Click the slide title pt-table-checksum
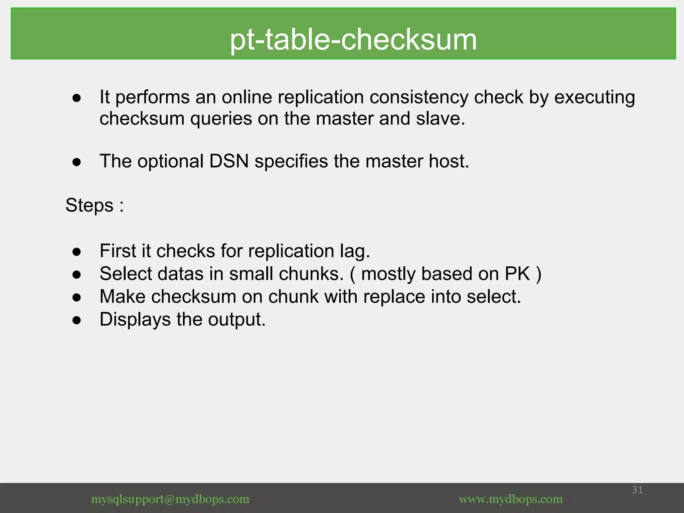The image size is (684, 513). point(353,39)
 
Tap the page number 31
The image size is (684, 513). point(637,490)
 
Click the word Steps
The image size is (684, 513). point(89,205)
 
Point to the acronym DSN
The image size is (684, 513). point(229,161)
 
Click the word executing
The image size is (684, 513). point(594,98)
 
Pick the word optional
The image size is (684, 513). point(170,161)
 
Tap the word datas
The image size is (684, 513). point(180,274)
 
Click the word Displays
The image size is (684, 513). point(135,320)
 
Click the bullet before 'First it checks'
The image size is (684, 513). point(76,252)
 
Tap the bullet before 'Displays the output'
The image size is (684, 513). point(76,320)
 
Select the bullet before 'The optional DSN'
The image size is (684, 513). point(76,162)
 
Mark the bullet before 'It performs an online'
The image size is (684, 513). point(76,98)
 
